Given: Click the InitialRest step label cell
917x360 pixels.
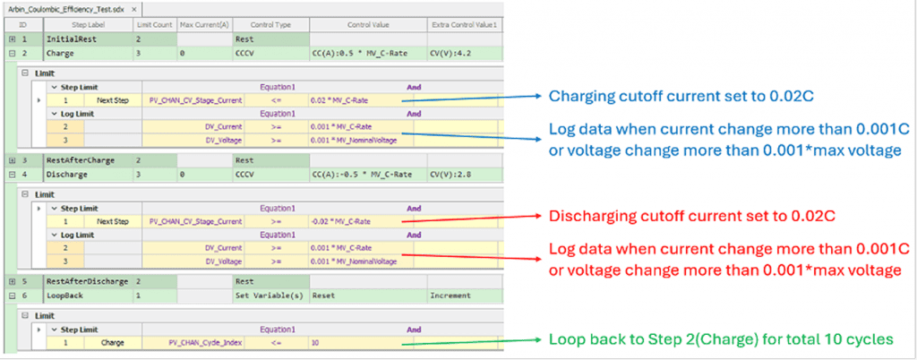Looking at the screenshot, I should click(x=71, y=40).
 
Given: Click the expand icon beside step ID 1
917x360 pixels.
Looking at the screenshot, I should click(x=12, y=40).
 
